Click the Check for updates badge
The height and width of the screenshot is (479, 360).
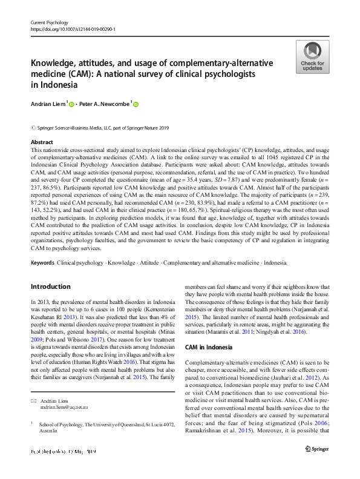pos(312,58)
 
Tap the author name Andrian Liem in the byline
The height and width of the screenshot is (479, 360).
pos(48,104)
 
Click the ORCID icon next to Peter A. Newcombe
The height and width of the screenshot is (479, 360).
pos(136,104)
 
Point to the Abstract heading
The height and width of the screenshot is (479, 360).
pos(42,142)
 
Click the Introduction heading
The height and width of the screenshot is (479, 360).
pos(50,286)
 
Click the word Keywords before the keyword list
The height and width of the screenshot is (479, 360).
pos(42,263)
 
